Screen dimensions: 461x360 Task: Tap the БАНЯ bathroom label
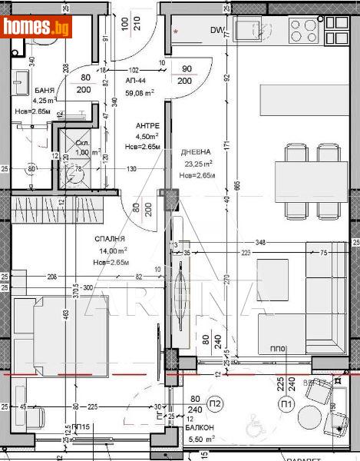45,91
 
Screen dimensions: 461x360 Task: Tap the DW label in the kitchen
217,32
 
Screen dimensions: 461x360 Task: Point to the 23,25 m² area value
197,164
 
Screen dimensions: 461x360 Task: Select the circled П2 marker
216,403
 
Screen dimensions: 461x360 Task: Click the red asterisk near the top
177,32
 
